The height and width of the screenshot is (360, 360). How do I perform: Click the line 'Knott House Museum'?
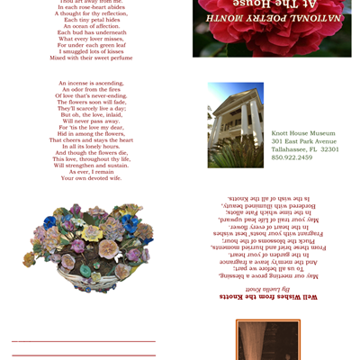[303, 133]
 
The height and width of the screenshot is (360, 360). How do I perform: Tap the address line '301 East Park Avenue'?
[303, 141]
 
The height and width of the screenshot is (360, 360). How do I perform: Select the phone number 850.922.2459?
[292, 157]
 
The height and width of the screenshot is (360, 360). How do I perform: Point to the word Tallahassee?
[292, 149]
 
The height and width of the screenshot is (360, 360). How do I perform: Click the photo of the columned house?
[235, 124]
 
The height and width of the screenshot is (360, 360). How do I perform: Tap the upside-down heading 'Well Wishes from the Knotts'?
[272, 296]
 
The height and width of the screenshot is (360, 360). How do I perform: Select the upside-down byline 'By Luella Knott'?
[273, 288]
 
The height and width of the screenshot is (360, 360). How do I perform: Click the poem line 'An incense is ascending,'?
[91, 83]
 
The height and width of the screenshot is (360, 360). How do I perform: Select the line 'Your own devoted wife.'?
[91, 178]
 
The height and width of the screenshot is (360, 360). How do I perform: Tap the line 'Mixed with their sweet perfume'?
[91, 58]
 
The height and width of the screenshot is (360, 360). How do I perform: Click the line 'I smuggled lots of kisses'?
[91, 51]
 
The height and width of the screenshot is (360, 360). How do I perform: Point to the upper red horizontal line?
[83, 341]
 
